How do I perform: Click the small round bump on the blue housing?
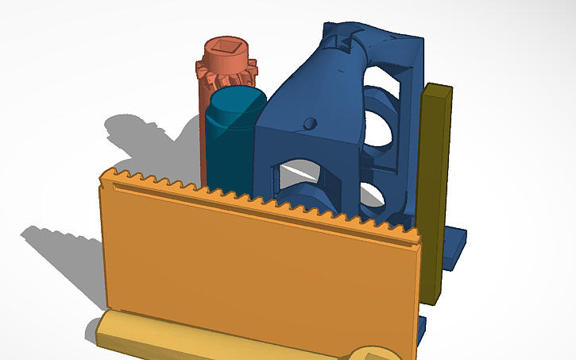(x=311, y=123)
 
